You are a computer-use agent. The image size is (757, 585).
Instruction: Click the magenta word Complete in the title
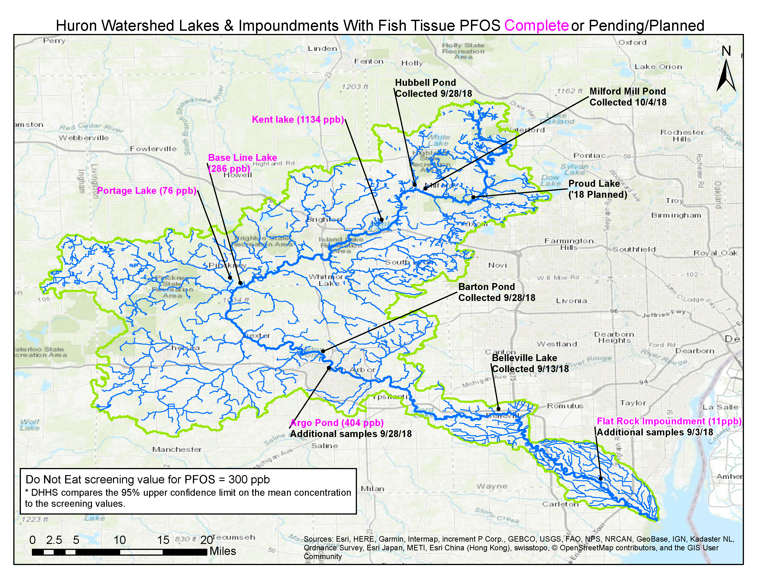coord(536,26)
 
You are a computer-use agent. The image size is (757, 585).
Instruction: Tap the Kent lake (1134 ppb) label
coord(298,120)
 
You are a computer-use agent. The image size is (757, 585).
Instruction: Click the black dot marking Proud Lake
coord(473,197)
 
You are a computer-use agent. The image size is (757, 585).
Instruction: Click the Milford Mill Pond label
coord(628,97)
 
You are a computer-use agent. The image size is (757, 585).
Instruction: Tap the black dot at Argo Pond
coord(329,368)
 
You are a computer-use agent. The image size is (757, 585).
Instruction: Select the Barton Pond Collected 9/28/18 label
coord(496,292)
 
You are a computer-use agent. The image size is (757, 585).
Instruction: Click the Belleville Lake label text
coord(530,363)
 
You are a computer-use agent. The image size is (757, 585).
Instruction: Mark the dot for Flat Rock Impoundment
coord(601,478)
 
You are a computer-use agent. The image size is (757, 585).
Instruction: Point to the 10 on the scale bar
coord(120,540)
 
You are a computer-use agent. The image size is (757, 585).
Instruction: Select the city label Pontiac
coord(589,156)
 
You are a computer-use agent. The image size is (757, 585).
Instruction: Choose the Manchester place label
coord(177,449)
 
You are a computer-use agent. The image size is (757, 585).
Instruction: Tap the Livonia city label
coord(571,301)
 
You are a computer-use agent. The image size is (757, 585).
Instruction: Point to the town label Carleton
coord(560,504)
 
